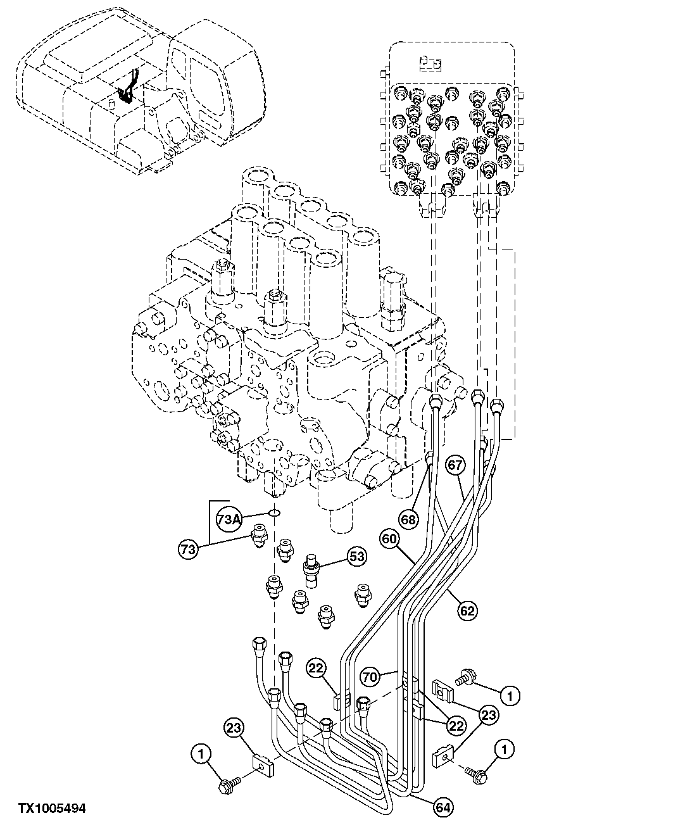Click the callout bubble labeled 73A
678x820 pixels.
pos(229,519)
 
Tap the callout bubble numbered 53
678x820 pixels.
pos(356,557)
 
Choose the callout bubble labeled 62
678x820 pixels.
pos(468,610)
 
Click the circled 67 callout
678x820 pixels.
pos(455,465)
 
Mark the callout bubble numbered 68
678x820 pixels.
pos(409,519)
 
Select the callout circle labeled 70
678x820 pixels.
pos(371,678)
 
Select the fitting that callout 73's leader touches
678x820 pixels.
pos(258,537)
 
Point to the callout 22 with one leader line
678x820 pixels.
pos(317,667)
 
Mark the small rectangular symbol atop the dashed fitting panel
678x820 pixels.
pos(431,63)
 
